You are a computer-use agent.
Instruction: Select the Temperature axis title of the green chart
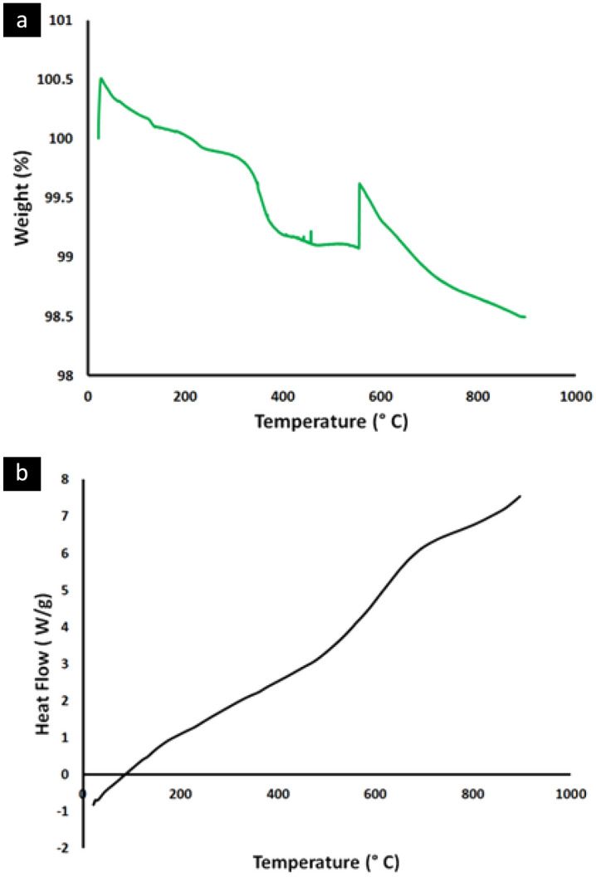point(331,420)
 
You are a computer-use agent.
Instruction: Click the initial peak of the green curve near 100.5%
point(100,79)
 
